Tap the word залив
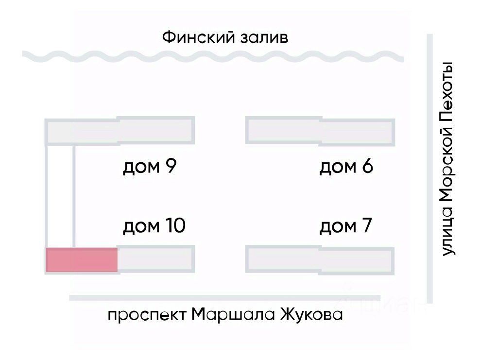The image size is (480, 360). click(x=264, y=37)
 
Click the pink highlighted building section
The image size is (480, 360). click(x=82, y=260)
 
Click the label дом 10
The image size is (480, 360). click(x=154, y=226)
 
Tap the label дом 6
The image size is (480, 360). click(x=346, y=167)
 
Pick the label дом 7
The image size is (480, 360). click(x=345, y=226)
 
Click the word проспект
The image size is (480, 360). click(x=146, y=315)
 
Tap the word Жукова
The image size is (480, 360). click(x=311, y=315)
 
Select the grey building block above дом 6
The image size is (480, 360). click(x=320, y=130)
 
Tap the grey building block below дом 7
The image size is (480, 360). click(x=320, y=260)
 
